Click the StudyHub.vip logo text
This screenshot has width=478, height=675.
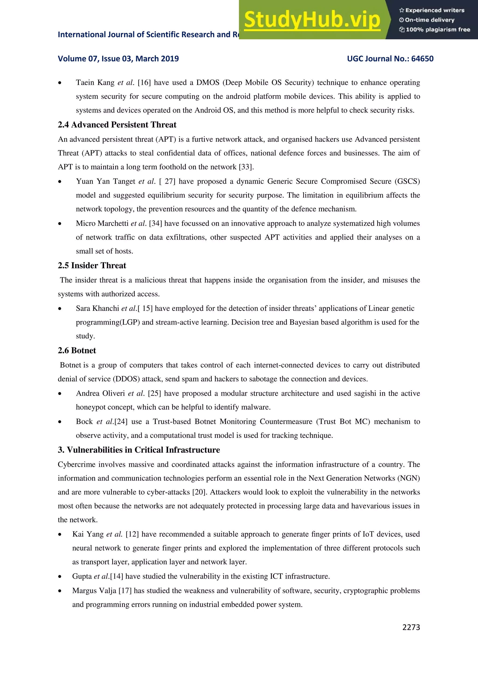312,20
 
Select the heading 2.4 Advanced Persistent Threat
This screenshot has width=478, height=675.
117,125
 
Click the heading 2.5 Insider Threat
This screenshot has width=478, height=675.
92,265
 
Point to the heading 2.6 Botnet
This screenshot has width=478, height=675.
77,350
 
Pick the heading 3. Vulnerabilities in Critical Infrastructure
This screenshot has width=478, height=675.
139,450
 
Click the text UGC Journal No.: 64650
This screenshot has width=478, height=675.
390,59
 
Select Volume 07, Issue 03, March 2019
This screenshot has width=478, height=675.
118,59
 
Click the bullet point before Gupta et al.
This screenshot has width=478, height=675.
60,576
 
